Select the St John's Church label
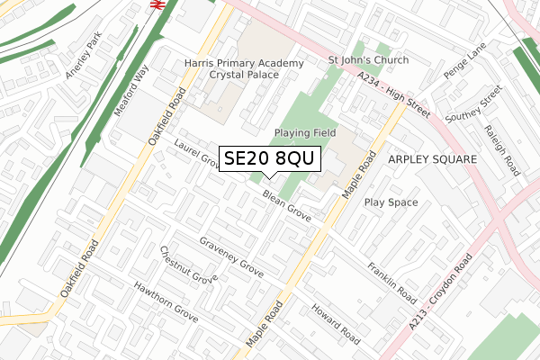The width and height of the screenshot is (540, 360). (x=368, y=60)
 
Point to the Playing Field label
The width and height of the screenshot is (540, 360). (x=305, y=133)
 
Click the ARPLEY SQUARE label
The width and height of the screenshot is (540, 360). (x=432, y=158)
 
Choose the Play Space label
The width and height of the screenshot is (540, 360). (x=391, y=202)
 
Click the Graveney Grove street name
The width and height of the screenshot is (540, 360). (x=232, y=257)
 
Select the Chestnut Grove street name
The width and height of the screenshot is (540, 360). (x=188, y=265)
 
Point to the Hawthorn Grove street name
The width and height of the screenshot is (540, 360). (x=166, y=301)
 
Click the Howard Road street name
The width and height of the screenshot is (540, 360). (x=336, y=325)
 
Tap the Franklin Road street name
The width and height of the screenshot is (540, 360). (x=391, y=283)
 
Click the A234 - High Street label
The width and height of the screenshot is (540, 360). (x=394, y=96)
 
